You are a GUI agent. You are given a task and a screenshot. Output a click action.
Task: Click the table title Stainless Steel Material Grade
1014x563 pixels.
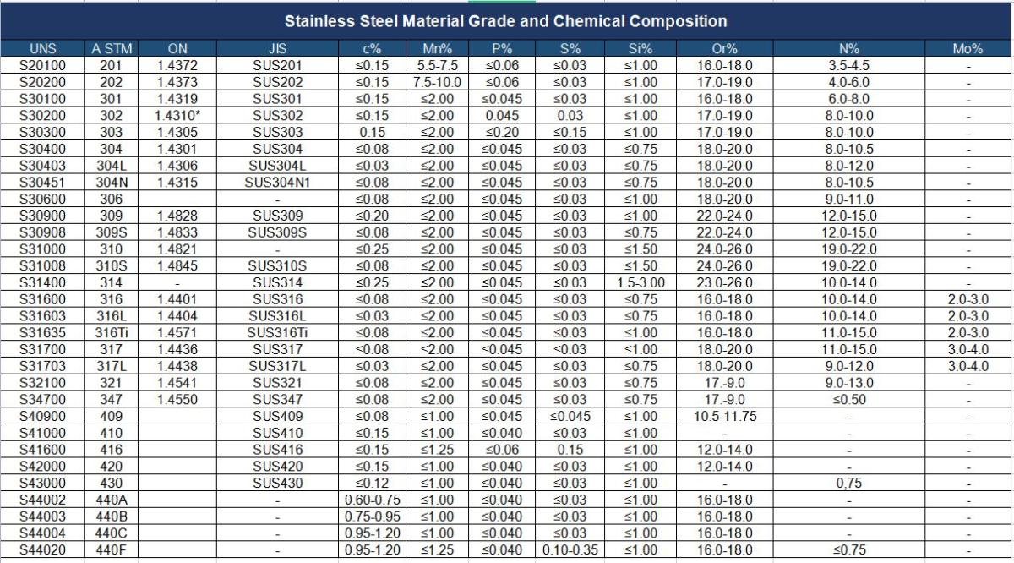pos(505,20)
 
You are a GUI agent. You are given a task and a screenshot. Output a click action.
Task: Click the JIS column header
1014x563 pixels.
pos(278,49)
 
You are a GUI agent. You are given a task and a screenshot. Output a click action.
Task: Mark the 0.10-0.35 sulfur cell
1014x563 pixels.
pos(570,549)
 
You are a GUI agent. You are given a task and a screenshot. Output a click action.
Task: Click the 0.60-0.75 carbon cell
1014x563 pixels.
pos(373,500)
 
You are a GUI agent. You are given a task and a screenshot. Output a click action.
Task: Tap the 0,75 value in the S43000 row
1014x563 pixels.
pos(848,484)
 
